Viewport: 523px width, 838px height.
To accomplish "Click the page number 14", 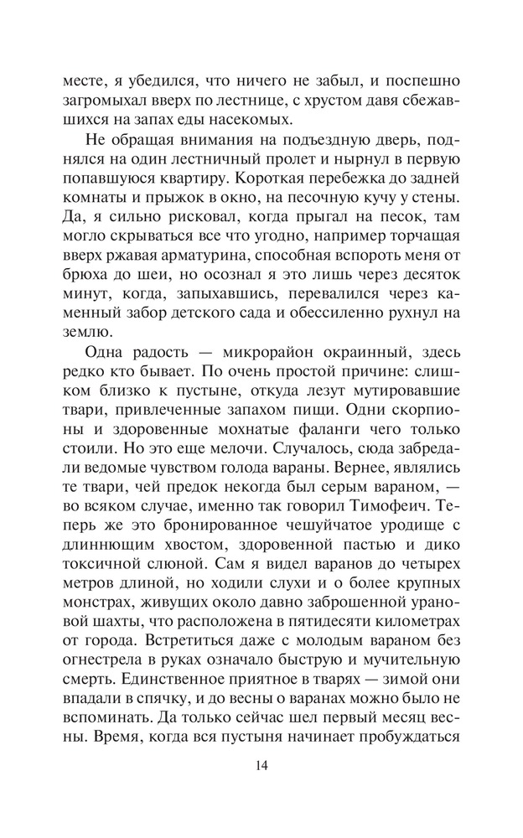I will coord(261,764).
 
